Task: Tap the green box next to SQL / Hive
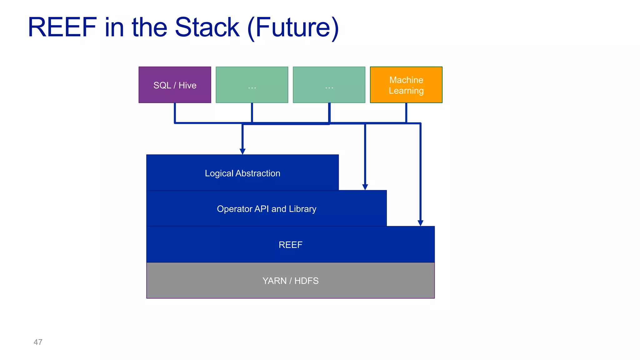[x=252, y=85]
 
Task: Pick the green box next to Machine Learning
[x=329, y=85]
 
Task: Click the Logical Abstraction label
[x=242, y=173]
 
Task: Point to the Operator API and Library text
[x=266, y=209]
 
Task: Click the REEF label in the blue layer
[x=290, y=245]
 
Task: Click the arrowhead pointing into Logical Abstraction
[x=242, y=151]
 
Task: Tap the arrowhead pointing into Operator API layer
[x=365, y=187]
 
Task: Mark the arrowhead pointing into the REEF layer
[x=421, y=223]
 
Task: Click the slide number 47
[x=38, y=342]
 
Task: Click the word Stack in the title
[x=207, y=27]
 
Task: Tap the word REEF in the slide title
[x=62, y=27]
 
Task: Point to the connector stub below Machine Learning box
[x=406, y=112]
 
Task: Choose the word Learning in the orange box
[x=406, y=91]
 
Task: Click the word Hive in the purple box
[x=187, y=85]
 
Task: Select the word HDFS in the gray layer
[x=306, y=281]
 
